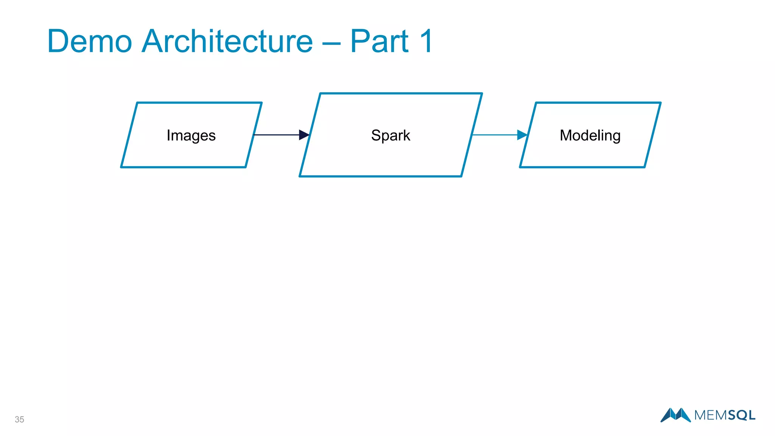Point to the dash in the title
click(x=331, y=44)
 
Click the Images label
click(x=191, y=135)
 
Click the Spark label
click(x=391, y=135)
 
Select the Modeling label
click(x=590, y=135)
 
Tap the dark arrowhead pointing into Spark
click(x=304, y=135)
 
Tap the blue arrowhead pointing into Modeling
click(x=522, y=135)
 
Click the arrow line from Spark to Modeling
click(x=494, y=135)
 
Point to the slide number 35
click(x=19, y=419)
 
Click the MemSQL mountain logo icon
click(x=675, y=415)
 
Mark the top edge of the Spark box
click(x=401, y=93)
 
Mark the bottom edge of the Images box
click(x=184, y=167)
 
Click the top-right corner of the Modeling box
click(x=660, y=103)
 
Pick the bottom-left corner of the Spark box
click(x=300, y=176)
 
